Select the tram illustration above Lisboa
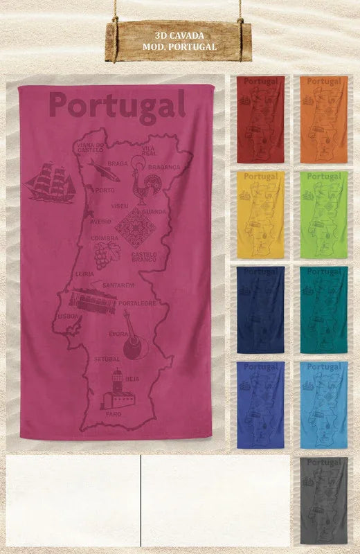92,302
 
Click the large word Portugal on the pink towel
118,106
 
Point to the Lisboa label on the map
68,316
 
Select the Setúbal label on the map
107,359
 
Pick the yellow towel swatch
261,215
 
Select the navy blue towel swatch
261,310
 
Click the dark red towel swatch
261,119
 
